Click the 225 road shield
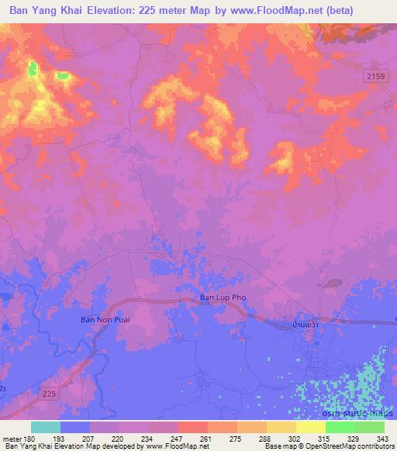50,394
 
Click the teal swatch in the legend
46,427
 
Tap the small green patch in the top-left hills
33,69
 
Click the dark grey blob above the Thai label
334,284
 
